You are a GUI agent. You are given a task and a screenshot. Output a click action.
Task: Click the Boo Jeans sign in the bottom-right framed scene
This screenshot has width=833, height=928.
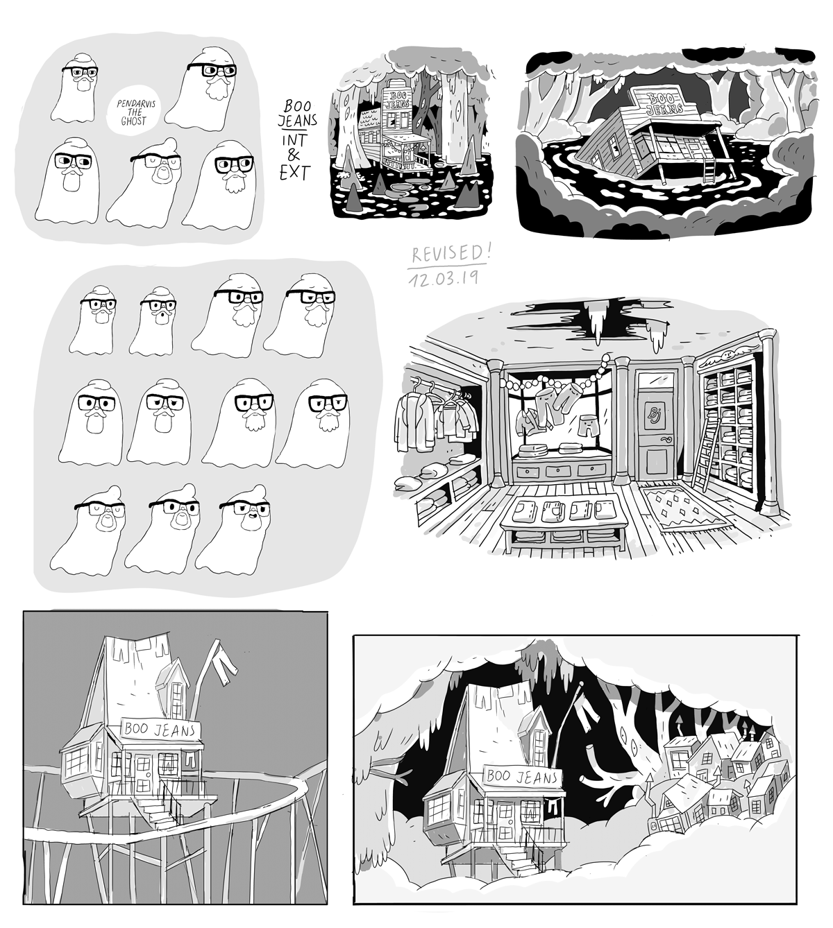(523, 777)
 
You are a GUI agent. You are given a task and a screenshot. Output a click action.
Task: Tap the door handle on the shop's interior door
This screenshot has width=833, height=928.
(668, 438)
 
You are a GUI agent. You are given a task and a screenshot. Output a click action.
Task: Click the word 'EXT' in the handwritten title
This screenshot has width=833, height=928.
(295, 173)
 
